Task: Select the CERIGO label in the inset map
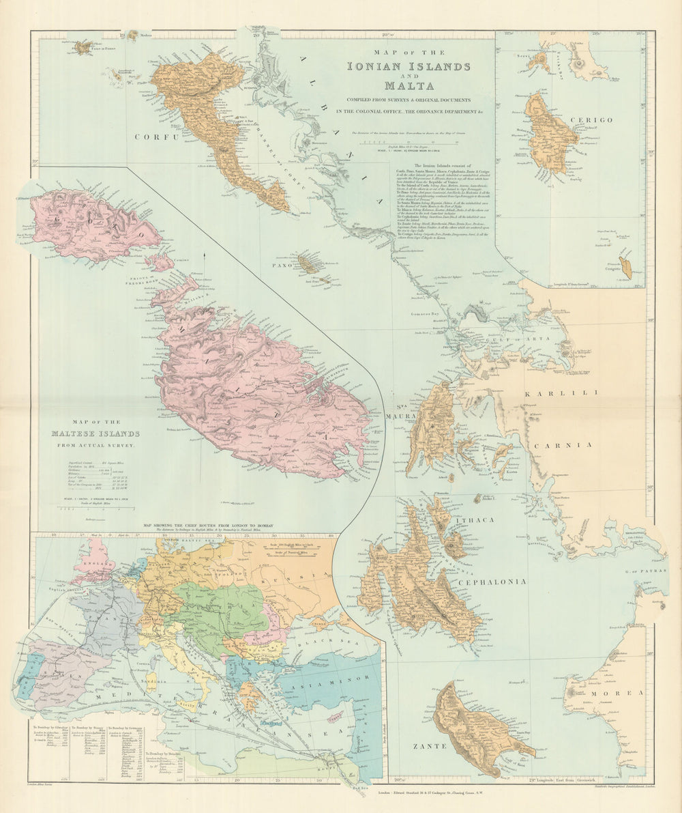[594, 120]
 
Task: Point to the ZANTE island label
[429, 746]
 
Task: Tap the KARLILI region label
[560, 393]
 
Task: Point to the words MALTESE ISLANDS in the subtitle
[95, 433]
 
